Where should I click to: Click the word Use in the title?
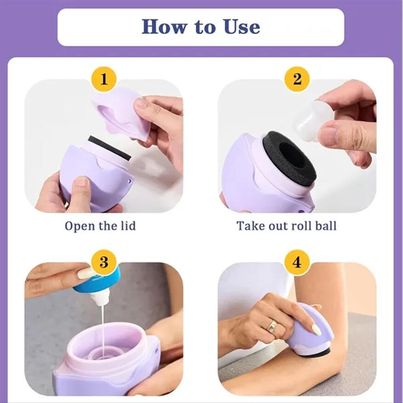[x=242, y=27]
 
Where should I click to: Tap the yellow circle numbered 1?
[x=104, y=79]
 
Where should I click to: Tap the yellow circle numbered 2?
[x=297, y=79]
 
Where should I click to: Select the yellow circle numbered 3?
[x=104, y=262]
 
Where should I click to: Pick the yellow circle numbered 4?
[x=297, y=262]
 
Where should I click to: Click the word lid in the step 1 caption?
[x=127, y=226]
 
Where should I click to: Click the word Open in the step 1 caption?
[x=78, y=226]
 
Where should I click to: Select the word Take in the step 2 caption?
[x=250, y=226]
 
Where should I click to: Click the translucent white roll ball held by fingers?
[x=312, y=120]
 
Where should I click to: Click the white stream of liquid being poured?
[x=102, y=326]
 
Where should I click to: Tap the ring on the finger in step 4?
[x=272, y=326]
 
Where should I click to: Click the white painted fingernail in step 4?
[x=316, y=329]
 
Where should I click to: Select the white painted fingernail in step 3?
[x=85, y=274]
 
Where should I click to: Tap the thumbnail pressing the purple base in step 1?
[x=81, y=182]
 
